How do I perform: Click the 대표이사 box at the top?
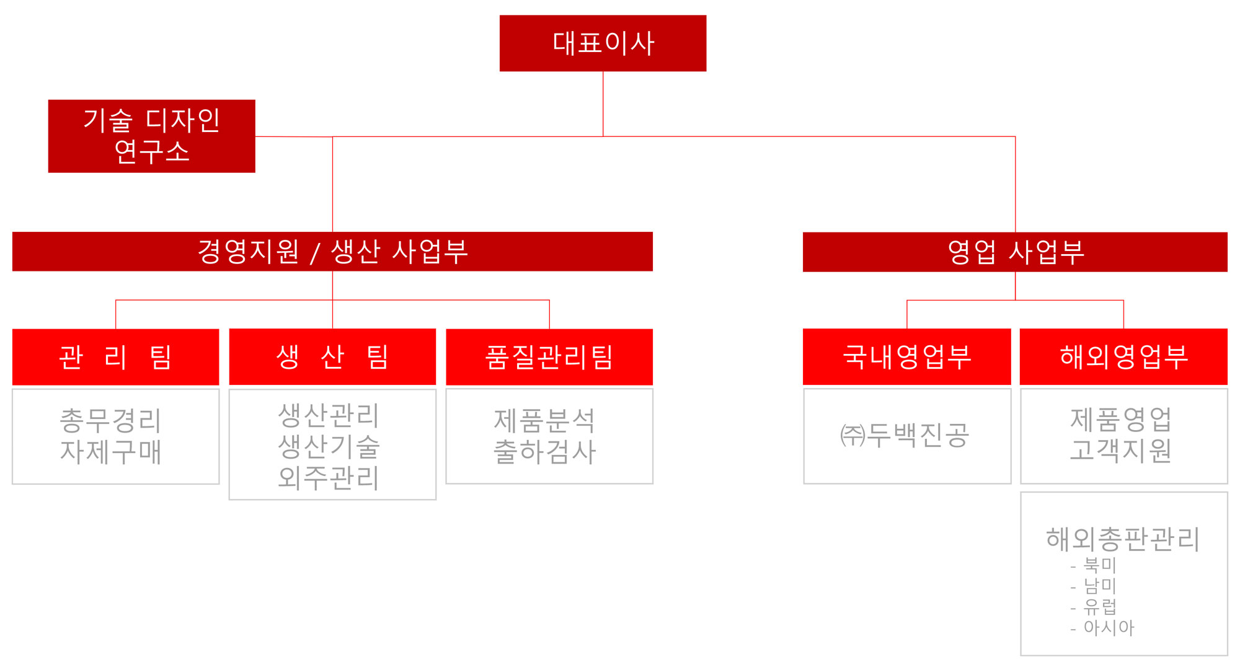[x=603, y=43]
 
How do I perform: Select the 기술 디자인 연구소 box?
[x=152, y=136]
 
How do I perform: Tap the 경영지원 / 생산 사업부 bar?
[x=332, y=252]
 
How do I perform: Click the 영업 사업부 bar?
[x=1015, y=252]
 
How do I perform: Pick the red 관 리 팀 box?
[x=116, y=357]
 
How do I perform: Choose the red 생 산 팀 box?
[x=332, y=357]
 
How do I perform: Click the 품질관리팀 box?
[x=549, y=357]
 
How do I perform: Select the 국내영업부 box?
[x=907, y=357]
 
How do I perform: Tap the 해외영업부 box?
[x=1123, y=357]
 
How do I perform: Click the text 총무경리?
[x=111, y=421]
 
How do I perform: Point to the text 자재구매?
[x=111, y=452]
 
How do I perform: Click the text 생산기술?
[x=329, y=446]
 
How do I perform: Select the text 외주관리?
[x=329, y=477]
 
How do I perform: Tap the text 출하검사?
[x=545, y=452]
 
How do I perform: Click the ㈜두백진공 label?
[x=905, y=435]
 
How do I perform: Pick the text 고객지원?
[x=1121, y=451]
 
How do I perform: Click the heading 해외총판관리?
[x=1123, y=539]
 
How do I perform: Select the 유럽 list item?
[x=1100, y=607]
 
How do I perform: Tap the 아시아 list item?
[x=1109, y=628]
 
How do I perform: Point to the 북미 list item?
[x=1100, y=565]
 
